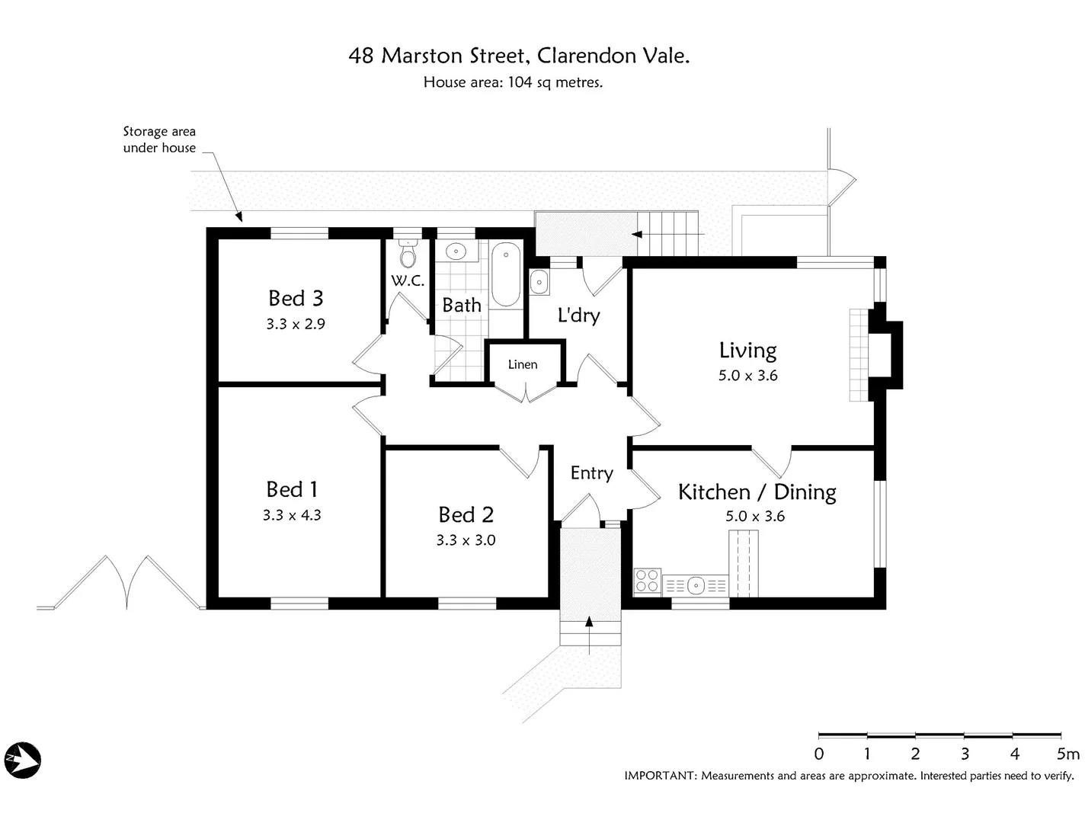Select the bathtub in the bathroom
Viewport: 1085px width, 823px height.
point(504,274)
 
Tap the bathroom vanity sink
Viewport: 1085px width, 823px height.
point(456,251)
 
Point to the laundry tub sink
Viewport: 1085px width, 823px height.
point(539,282)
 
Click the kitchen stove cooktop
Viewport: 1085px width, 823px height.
point(647,581)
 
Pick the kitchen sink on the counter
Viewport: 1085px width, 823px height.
point(695,586)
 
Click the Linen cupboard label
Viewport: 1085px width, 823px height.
point(523,364)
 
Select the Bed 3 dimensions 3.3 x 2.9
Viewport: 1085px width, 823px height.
point(296,324)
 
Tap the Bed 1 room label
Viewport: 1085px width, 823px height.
point(292,488)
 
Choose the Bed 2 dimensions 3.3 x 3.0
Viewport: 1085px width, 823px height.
point(466,540)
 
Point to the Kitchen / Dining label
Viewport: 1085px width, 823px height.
point(757,492)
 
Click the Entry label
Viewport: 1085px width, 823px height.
point(591,473)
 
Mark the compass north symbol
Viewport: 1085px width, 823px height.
point(22,760)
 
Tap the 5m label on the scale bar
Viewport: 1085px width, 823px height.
point(1067,754)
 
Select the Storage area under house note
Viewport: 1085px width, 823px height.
point(159,139)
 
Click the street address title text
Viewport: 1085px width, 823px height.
point(519,56)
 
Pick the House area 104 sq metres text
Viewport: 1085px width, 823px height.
point(513,82)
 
